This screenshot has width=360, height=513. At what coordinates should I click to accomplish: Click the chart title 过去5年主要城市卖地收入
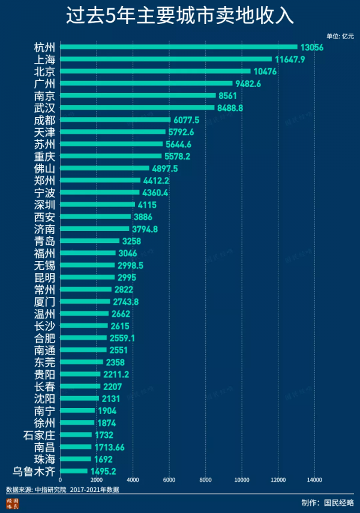(180, 16)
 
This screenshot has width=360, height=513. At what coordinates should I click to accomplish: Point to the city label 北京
(45, 71)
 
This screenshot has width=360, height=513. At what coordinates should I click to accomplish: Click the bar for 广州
(146, 83)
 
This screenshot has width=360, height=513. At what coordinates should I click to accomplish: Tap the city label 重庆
(45, 156)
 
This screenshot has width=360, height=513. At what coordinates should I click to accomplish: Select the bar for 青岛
(90, 241)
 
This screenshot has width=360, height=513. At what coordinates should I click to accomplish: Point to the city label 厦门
(45, 301)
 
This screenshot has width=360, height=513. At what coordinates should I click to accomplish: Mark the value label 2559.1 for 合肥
(122, 338)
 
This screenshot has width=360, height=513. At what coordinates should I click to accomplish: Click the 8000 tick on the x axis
(205, 480)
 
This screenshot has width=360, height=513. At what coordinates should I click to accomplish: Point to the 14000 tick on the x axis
(314, 480)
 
